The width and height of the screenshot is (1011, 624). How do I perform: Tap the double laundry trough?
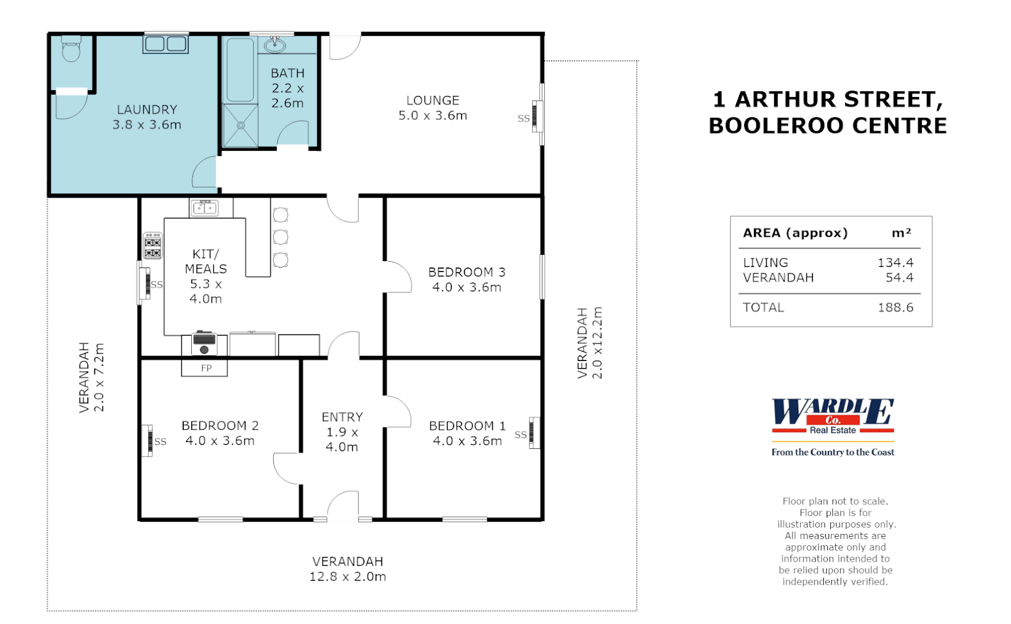click(x=166, y=44)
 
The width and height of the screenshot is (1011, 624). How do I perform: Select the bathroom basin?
click(x=275, y=44)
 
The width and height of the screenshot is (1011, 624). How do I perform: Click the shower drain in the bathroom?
click(x=240, y=125)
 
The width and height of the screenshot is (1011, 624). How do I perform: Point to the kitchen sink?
click(x=205, y=207)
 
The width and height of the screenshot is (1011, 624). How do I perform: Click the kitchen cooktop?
click(x=153, y=246)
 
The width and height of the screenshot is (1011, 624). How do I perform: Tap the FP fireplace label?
click(x=206, y=368)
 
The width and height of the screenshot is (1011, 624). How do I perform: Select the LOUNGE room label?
click(x=433, y=101)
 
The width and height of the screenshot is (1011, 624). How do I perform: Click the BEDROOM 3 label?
click(x=467, y=272)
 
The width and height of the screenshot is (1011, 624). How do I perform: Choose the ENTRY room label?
click(x=342, y=417)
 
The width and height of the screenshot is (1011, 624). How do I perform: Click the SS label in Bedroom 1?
click(x=521, y=434)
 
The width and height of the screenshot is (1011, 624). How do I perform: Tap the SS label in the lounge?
click(x=523, y=118)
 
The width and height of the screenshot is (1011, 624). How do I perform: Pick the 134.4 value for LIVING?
click(x=895, y=263)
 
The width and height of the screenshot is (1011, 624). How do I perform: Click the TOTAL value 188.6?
click(x=895, y=307)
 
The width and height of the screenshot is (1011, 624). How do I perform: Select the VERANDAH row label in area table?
click(x=778, y=278)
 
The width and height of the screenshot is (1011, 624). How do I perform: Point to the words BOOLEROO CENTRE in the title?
click(x=827, y=126)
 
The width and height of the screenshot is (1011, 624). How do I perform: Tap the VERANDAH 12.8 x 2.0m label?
click(x=348, y=569)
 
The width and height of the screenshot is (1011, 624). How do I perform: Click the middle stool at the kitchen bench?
click(x=281, y=237)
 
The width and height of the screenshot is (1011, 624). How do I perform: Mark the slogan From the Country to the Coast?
click(x=832, y=452)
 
